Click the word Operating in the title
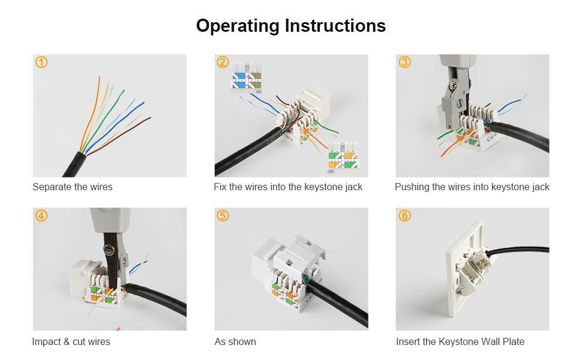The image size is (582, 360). coord(238,26)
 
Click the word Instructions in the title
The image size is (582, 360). coord(335,26)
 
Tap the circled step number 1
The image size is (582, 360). coord(41,62)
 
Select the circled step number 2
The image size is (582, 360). coord(223,62)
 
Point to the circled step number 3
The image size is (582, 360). coord(405,62)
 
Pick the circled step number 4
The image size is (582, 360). coord(41,216)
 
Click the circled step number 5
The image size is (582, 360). coord(223,216)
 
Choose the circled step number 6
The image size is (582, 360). coord(405,216)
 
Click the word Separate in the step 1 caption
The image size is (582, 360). coord(52,187)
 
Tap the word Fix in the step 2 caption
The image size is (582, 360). coord(220,187)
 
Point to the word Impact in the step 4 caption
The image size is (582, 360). coord(46,342)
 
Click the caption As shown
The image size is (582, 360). coord(235,342)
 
